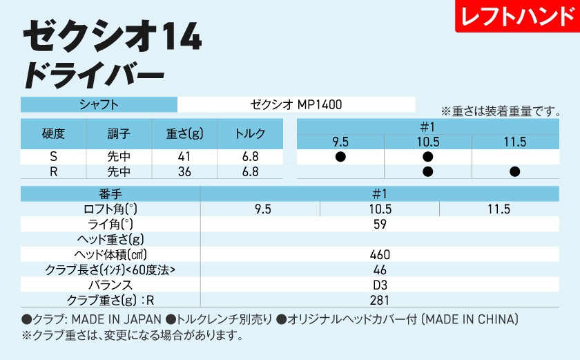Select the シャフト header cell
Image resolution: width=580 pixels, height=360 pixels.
pos(99,104)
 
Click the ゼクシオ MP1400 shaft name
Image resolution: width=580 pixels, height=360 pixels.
pos(296,104)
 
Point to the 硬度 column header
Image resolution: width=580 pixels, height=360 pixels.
pos(54,134)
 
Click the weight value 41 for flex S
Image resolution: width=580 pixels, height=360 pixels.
pos(184,157)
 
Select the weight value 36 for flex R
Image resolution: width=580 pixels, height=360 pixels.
pos(184,172)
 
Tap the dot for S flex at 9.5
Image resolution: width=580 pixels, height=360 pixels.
pos(340,157)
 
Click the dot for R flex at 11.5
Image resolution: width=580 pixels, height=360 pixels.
pos(515,172)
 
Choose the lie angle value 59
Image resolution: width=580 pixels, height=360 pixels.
pos(380,224)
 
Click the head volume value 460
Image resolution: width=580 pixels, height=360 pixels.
pos(380,254)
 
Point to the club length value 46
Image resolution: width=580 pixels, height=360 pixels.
pos(380,269)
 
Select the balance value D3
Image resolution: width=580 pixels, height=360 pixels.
pos(380,285)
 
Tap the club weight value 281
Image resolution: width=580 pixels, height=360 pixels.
pos(380,300)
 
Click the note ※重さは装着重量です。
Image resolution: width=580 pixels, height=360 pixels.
pos(499,111)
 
